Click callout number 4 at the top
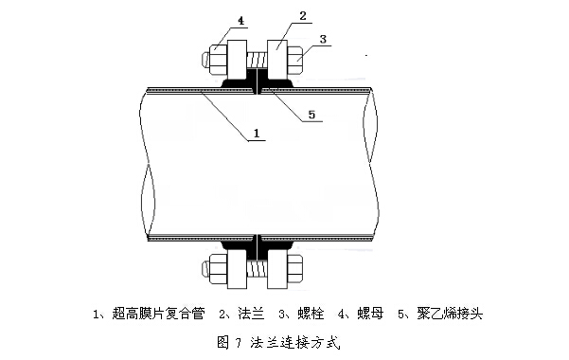[x=241, y=20]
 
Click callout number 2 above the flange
[x=303, y=15]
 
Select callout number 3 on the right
[x=323, y=39]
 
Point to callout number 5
[x=311, y=115]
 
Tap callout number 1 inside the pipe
[x=257, y=133]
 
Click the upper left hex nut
[x=219, y=59]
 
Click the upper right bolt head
[x=294, y=59]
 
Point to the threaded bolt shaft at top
[x=258, y=60]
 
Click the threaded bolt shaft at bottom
[x=258, y=270]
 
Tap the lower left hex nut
[x=219, y=269]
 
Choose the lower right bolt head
[x=294, y=269]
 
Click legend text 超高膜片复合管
[x=158, y=314]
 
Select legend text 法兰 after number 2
[x=251, y=314]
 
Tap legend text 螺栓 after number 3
[x=311, y=314]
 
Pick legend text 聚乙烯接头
[x=450, y=314]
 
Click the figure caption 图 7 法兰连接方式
[x=278, y=342]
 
